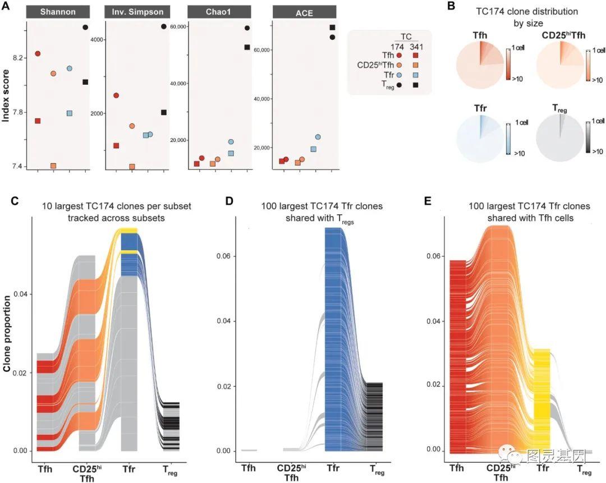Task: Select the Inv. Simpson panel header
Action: [x=138, y=12]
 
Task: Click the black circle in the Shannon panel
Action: [x=85, y=27]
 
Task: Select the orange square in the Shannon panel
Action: [x=53, y=166]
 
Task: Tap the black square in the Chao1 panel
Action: [x=247, y=47]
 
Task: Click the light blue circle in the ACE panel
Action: [x=318, y=137]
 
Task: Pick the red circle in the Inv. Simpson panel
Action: [x=116, y=95]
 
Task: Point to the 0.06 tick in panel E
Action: [x=433, y=256]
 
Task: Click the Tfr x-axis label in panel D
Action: [x=333, y=468]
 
